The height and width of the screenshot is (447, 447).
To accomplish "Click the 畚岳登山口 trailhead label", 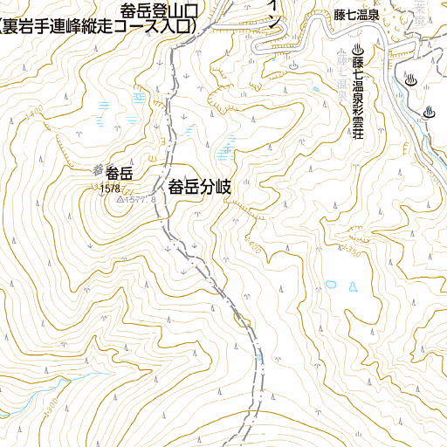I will click(x=162, y=11).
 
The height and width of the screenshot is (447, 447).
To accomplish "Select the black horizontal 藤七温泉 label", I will click(x=356, y=14).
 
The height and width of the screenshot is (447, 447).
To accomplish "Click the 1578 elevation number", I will click(x=110, y=188).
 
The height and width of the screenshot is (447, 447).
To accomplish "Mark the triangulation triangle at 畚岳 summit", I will click(x=120, y=199).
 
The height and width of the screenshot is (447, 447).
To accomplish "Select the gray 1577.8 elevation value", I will click(x=141, y=200).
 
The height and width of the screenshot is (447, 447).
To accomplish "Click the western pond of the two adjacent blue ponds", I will click(x=327, y=283).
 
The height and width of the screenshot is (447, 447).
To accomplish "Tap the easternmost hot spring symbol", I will click(x=429, y=112).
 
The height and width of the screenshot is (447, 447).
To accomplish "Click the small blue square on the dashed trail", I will click(x=259, y=357).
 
